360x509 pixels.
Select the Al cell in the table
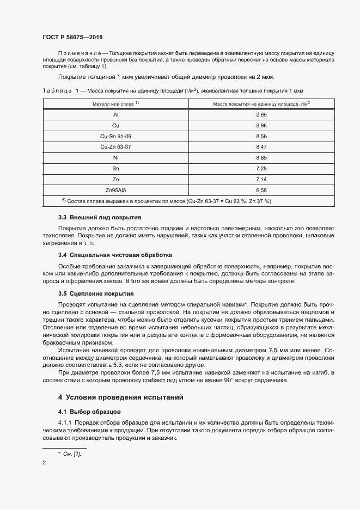115,115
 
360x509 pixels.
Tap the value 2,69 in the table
261,115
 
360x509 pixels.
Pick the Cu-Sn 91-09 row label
115,136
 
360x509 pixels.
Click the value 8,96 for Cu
261,126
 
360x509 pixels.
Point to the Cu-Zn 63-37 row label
115,147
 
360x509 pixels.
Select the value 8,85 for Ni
261,158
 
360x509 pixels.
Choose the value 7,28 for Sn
261,169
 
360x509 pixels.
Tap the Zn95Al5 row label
115,190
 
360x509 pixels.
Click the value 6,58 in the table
261,190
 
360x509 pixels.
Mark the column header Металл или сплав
115,103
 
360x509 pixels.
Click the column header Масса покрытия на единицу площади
261,103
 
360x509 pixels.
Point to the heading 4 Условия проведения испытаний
120,397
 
